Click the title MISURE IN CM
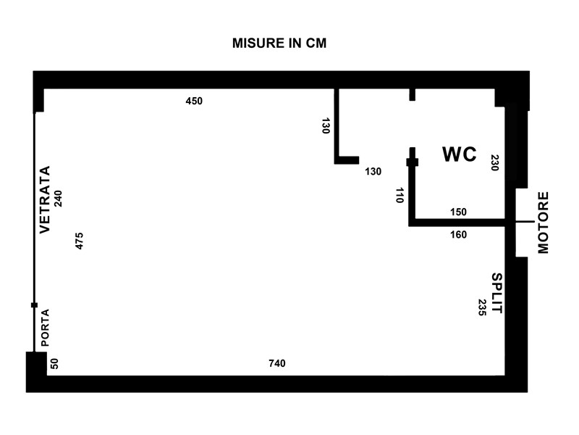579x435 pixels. (x=279, y=43)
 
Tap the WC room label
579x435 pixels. (x=460, y=154)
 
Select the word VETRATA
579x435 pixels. (x=45, y=200)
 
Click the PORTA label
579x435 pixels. (x=45, y=328)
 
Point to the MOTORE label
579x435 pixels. (x=544, y=223)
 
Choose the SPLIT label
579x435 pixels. (x=497, y=293)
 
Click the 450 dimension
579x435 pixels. (x=194, y=101)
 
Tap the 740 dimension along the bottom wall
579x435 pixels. (x=277, y=363)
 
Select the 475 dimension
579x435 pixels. (x=80, y=241)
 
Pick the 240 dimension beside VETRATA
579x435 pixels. (x=59, y=198)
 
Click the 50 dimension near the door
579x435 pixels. (x=55, y=364)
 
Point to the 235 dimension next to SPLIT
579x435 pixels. (x=481, y=307)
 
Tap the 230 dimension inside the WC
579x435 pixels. (x=494, y=162)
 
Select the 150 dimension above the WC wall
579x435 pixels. (x=458, y=212)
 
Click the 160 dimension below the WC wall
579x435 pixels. (x=458, y=234)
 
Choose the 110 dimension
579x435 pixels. (x=400, y=195)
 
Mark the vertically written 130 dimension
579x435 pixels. (x=325, y=125)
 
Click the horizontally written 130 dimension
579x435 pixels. (x=373, y=172)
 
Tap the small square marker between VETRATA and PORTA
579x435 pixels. (x=34, y=305)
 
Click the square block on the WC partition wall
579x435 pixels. (x=413, y=162)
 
